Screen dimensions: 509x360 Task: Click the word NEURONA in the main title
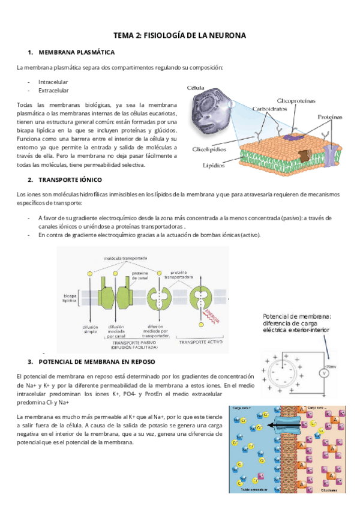click(x=225, y=36)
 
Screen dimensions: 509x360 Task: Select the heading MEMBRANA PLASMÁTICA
click(x=76, y=53)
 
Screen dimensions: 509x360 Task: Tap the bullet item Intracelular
click(x=53, y=82)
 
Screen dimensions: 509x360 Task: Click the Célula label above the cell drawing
click(x=196, y=88)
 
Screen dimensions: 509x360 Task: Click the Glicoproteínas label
click(x=296, y=100)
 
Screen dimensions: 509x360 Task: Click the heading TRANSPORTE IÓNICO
click(x=70, y=180)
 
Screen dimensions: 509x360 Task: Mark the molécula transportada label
click(x=125, y=258)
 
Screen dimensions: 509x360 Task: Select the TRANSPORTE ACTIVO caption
click(x=201, y=341)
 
